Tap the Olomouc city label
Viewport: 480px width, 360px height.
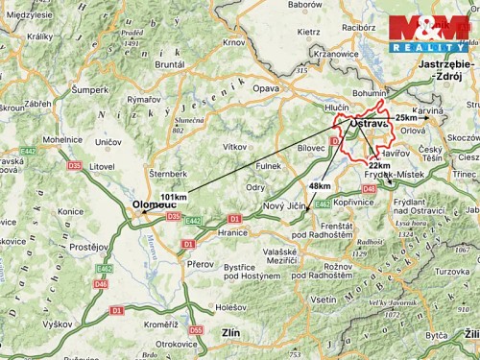pyautogui.click(x=153, y=205)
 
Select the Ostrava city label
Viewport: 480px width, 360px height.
pyautogui.click(x=367, y=124)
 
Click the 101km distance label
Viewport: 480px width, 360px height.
pyautogui.click(x=174, y=197)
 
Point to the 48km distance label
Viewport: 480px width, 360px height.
pyautogui.click(x=320, y=185)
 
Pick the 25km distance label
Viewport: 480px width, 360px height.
pyautogui.click(x=406, y=117)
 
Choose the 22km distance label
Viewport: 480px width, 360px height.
pyautogui.click(x=379, y=165)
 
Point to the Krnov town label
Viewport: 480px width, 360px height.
pyautogui.click(x=233, y=43)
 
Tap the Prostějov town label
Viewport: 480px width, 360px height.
pyautogui.click(x=88, y=247)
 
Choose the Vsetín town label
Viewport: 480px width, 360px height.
pyautogui.click(x=324, y=300)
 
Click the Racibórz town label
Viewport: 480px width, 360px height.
pyautogui.click(x=357, y=28)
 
